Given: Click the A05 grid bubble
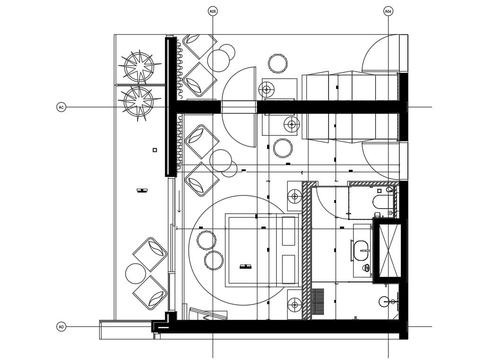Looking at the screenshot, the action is coord(213,10).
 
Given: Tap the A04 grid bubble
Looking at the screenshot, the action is coord(388,10).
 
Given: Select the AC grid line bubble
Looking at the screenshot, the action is coord(61,107).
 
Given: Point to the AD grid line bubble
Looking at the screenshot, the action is coord(61,326).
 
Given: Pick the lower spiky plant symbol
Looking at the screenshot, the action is coord(139,101).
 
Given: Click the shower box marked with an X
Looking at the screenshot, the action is coord(387,251).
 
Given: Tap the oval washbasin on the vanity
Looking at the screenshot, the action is coord(362,250).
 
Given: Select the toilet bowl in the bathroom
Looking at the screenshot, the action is coord(381,202).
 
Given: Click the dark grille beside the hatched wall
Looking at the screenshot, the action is coord(318,302).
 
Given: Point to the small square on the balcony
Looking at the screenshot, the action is coord(155,150).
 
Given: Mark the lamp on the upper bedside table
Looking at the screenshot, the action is coord(295,196).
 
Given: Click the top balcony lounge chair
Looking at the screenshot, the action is coord(150,254).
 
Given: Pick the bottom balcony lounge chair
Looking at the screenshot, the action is coord(150,292).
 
